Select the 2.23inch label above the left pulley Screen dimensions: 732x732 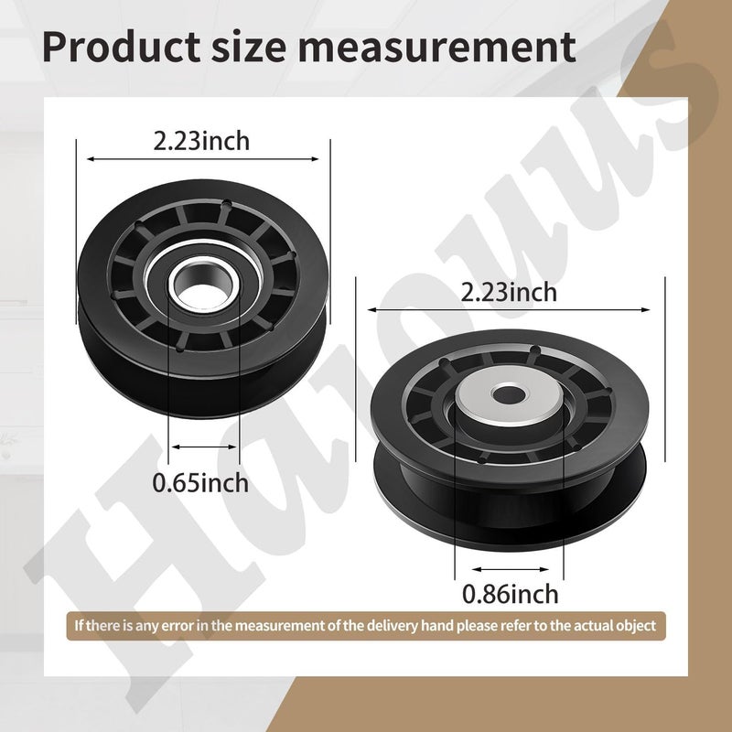pyautogui.click(x=201, y=141)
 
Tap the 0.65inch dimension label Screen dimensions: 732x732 pyautogui.click(x=201, y=481)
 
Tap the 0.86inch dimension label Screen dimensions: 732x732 pyautogui.click(x=510, y=594)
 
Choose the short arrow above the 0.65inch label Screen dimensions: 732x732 pyautogui.click(x=203, y=447)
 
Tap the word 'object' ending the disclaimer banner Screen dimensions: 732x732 pyautogui.click(x=635, y=626)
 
